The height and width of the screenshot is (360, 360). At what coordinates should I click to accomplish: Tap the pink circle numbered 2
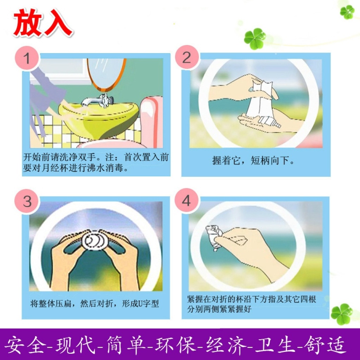click(x=186, y=57)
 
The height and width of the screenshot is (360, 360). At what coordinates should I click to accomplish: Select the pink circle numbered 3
click(x=27, y=201)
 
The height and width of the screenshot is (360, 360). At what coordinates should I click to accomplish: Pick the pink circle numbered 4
click(x=186, y=201)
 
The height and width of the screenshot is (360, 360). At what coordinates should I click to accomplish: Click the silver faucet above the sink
click(x=98, y=101)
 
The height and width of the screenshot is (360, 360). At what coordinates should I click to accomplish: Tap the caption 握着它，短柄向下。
click(x=253, y=160)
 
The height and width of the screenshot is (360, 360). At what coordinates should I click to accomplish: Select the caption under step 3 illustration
click(x=95, y=303)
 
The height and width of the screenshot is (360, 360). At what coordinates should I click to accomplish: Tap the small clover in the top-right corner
click(x=347, y=12)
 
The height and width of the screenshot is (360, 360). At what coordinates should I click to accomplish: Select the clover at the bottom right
click(x=342, y=314)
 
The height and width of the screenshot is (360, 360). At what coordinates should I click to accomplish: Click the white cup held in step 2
click(x=262, y=103)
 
